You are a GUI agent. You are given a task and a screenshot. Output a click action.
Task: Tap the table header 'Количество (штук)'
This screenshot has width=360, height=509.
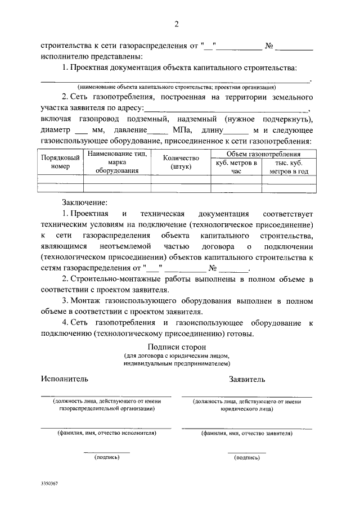181,163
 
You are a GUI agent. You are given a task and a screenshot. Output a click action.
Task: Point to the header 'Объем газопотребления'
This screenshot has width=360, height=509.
263,154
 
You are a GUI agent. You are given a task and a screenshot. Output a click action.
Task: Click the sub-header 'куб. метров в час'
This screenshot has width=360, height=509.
236,168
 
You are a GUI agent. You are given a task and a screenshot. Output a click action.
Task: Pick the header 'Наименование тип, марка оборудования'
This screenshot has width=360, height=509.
117,163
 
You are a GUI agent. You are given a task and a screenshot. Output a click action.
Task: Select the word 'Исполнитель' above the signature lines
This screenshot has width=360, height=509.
64,379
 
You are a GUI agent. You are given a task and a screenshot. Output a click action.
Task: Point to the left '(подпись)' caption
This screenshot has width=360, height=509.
107,457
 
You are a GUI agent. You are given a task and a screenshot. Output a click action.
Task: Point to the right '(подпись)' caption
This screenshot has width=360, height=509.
246,457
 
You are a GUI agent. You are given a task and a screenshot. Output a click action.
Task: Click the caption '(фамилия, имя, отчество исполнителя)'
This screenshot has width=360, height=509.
106,434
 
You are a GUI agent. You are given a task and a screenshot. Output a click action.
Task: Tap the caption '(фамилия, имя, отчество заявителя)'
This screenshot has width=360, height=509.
246,434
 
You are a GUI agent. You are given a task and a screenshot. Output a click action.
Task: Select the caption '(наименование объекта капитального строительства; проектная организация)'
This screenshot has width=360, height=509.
177,88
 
